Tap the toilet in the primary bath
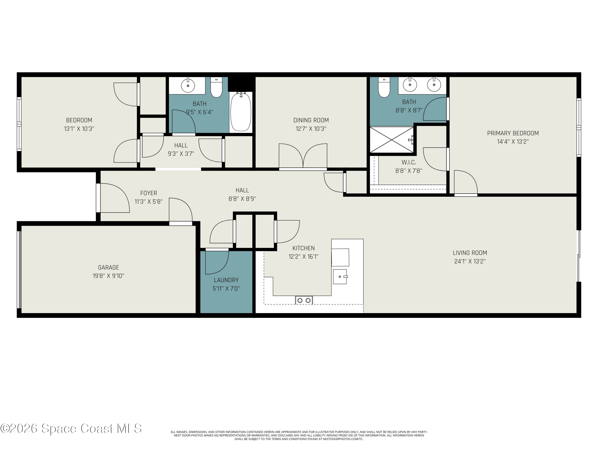coord(384,88)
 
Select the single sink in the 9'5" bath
coord(188,86)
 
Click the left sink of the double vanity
coord(410,85)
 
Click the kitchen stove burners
coord(304,300)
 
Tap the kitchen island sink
coord(340,276)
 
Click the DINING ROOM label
coord(311,120)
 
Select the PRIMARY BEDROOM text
coord(512,133)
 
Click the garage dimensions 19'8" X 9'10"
coord(108,276)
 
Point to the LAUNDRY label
coord(226,280)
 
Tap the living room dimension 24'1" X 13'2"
coord(470,261)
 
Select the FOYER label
coord(149,193)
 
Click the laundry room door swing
coord(216,262)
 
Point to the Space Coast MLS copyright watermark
coord(71,428)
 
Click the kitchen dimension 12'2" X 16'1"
coord(303,257)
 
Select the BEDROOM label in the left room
coord(79,120)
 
